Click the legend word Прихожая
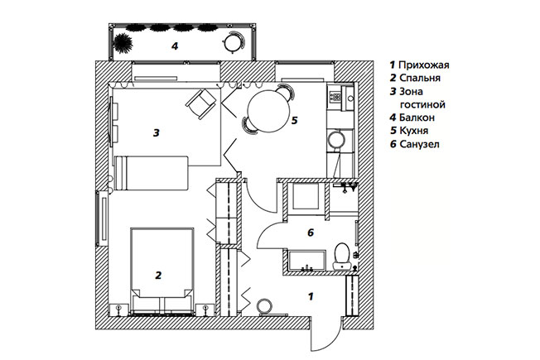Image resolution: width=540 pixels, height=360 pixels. [x=423, y=65]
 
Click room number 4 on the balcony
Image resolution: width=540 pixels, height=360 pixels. [x=175, y=46]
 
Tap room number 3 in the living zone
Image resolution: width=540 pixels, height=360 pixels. [x=156, y=132]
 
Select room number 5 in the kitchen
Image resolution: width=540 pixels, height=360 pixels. [x=294, y=121]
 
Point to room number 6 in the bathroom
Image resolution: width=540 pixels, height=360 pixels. [x=310, y=234]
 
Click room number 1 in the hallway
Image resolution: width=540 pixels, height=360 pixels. [x=311, y=295]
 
